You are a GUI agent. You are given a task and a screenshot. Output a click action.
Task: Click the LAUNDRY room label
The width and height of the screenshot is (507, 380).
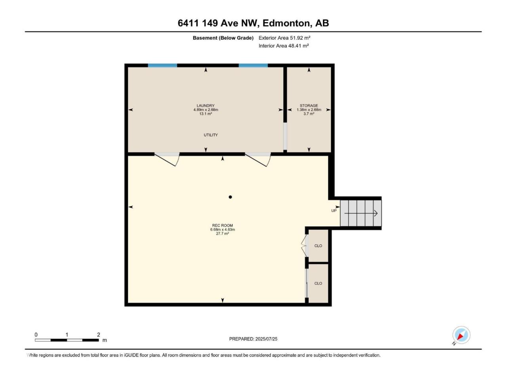point(205,106)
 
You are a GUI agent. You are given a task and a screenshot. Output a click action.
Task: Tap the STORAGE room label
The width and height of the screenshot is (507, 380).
point(309,106)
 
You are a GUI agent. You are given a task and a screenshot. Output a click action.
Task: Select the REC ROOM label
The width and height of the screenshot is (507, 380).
point(223,225)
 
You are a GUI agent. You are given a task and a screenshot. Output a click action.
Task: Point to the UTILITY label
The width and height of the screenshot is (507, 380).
point(211,135)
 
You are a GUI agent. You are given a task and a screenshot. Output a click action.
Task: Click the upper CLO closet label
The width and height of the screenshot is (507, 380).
point(318,246)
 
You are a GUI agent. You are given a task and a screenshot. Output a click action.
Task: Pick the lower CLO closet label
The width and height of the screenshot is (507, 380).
point(318,283)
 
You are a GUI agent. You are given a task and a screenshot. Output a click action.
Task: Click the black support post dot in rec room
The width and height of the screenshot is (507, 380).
point(230,197)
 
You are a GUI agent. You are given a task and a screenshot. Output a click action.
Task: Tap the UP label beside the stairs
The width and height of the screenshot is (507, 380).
point(334,211)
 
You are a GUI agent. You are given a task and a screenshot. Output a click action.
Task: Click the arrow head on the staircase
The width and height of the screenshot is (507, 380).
point(376,213)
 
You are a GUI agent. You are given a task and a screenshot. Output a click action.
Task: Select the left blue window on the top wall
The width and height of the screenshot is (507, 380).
point(162,66)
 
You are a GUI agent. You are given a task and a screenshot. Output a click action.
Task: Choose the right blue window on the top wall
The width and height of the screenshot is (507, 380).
point(253,66)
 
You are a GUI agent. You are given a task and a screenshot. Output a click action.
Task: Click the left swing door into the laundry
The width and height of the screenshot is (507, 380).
point(167,159)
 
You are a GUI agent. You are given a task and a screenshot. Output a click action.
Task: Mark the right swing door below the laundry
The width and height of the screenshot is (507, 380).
point(257,159)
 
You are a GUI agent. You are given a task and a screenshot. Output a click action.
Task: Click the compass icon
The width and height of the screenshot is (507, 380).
point(461,335)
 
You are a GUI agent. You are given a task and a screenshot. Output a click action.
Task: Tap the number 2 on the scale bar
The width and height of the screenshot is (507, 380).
point(99,334)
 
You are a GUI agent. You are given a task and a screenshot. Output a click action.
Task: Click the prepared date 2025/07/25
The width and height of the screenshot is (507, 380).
point(266,339)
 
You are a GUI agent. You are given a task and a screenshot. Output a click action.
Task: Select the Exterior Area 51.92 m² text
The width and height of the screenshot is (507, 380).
point(284,38)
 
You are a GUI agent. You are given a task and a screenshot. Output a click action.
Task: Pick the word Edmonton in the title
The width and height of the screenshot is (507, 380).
point(286,23)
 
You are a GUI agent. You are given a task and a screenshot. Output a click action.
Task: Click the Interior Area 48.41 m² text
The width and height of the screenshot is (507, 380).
point(284,46)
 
